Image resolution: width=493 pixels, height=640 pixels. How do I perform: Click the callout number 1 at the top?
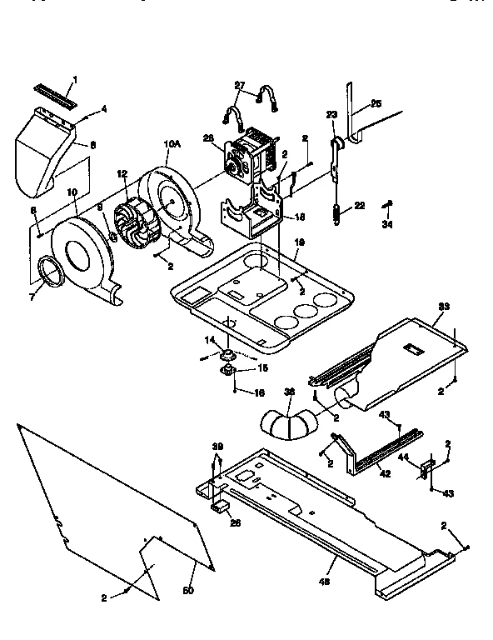(x=74, y=80)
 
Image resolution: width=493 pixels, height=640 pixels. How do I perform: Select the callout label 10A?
(x=172, y=144)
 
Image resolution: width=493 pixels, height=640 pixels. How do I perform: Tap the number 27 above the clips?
(x=241, y=86)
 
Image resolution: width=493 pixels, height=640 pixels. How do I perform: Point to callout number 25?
(x=376, y=103)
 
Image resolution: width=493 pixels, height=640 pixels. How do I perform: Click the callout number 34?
(x=386, y=222)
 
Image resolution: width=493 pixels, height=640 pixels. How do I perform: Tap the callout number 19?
(x=300, y=242)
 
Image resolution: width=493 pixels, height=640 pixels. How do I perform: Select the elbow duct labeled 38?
(x=287, y=421)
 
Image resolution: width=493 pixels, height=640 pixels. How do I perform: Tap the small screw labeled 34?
(x=387, y=204)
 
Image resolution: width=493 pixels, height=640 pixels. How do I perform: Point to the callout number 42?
(x=385, y=473)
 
